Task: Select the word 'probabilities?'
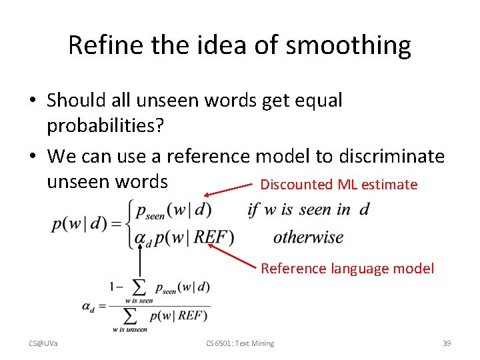[x=107, y=125]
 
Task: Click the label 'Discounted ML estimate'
[x=339, y=185]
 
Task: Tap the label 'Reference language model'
[x=347, y=269]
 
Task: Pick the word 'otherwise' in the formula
[x=308, y=237]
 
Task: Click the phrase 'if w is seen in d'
[x=308, y=210]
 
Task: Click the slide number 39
[x=447, y=343]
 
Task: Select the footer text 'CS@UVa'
[x=43, y=343]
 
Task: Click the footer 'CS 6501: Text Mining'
[x=240, y=343]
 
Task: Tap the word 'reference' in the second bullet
[x=207, y=156]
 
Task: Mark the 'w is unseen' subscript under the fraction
[x=130, y=329]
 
